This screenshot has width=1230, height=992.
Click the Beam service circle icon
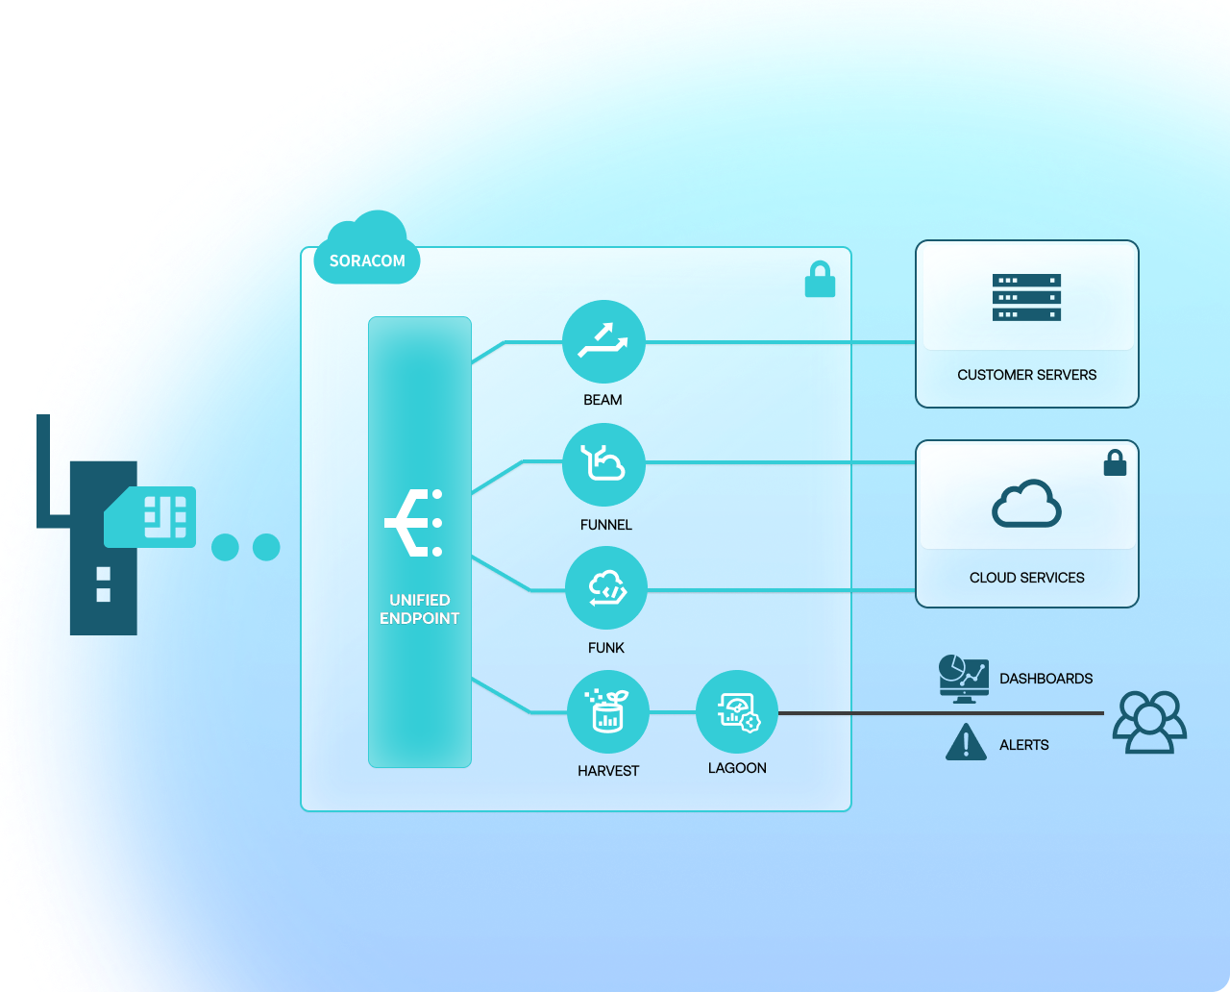tap(603, 341)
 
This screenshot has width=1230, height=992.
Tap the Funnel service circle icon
tap(603, 464)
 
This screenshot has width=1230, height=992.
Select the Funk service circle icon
tap(606, 587)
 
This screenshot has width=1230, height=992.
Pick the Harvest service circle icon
tap(608, 712)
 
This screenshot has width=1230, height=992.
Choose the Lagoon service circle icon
tap(737, 712)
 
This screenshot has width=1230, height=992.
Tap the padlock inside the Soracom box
tap(820, 280)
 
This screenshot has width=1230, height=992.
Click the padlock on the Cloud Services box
tap(1115, 463)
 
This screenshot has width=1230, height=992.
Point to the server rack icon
tap(1026, 297)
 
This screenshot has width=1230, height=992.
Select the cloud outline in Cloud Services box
tap(1026, 504)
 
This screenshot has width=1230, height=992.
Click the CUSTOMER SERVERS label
tap(1026, 375)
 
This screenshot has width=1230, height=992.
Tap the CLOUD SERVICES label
tap(1026, 578)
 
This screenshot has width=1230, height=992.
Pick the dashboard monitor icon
tap(964, 679)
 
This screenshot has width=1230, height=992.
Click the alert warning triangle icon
tap(966, 743)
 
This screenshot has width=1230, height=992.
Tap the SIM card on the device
tap(151, 517)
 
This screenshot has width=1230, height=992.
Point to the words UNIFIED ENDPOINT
tap(419, 609)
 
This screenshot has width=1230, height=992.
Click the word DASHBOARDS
tap(1045, 679)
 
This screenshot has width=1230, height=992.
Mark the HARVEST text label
tap(608, 771)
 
